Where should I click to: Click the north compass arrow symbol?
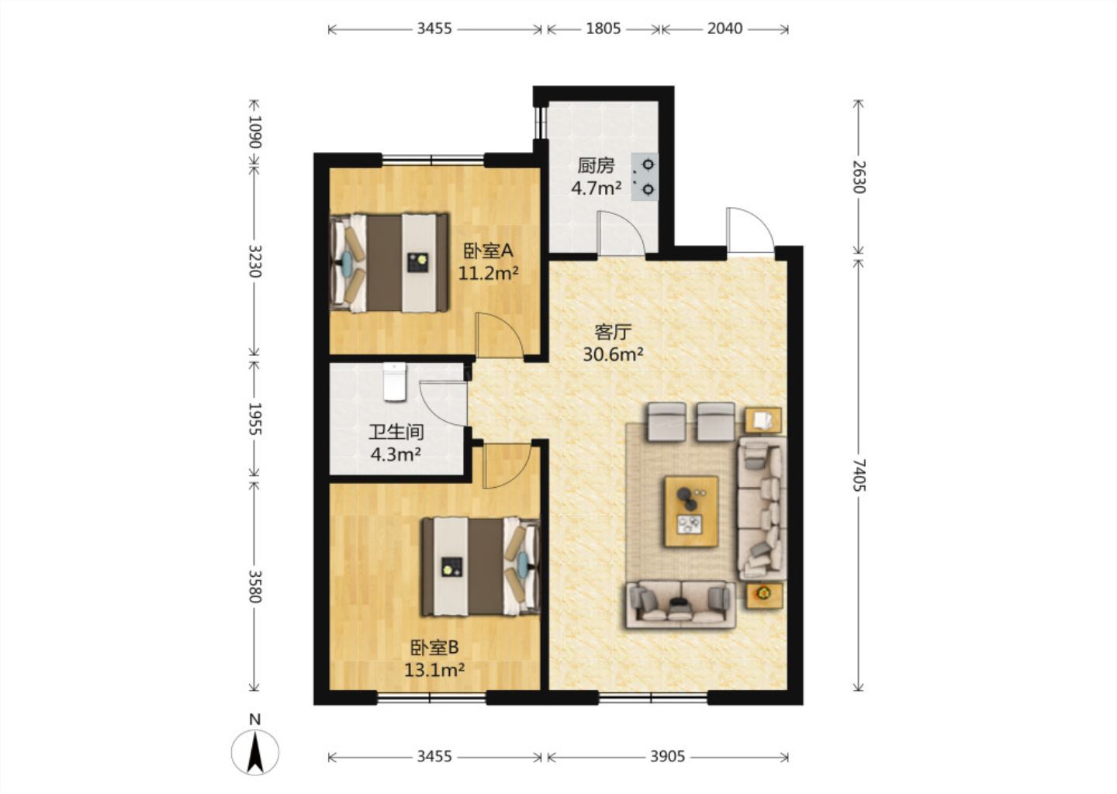click(255, 752)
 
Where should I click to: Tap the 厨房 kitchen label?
click(596, 165)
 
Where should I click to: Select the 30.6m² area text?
click(613, 354)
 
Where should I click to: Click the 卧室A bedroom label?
click(488, 250)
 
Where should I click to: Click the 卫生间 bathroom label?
click(396, 432)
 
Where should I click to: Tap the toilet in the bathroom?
click(395, 381)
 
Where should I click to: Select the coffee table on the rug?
click(691, 512)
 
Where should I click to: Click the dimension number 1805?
click(603, 29)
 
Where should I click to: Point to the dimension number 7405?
click(859, 475)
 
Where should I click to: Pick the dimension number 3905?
click(667, 757)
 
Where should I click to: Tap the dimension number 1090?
click(254, 132)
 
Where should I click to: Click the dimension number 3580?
click(254, 587)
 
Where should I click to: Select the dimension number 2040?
click(724, 29)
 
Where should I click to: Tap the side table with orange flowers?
click(763, 594)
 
